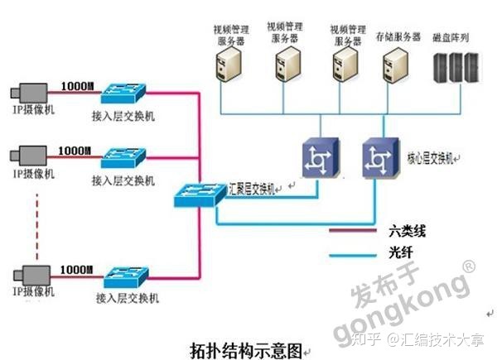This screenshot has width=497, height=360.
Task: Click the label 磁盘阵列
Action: click(456, 37)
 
